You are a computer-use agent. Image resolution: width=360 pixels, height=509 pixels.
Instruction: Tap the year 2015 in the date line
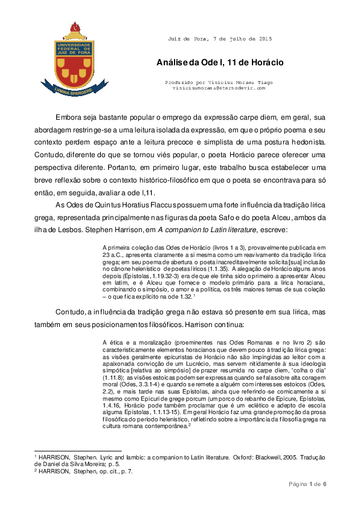(x=265, y=39)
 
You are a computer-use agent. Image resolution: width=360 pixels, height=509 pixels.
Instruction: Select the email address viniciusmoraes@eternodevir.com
(x=218, y=88)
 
